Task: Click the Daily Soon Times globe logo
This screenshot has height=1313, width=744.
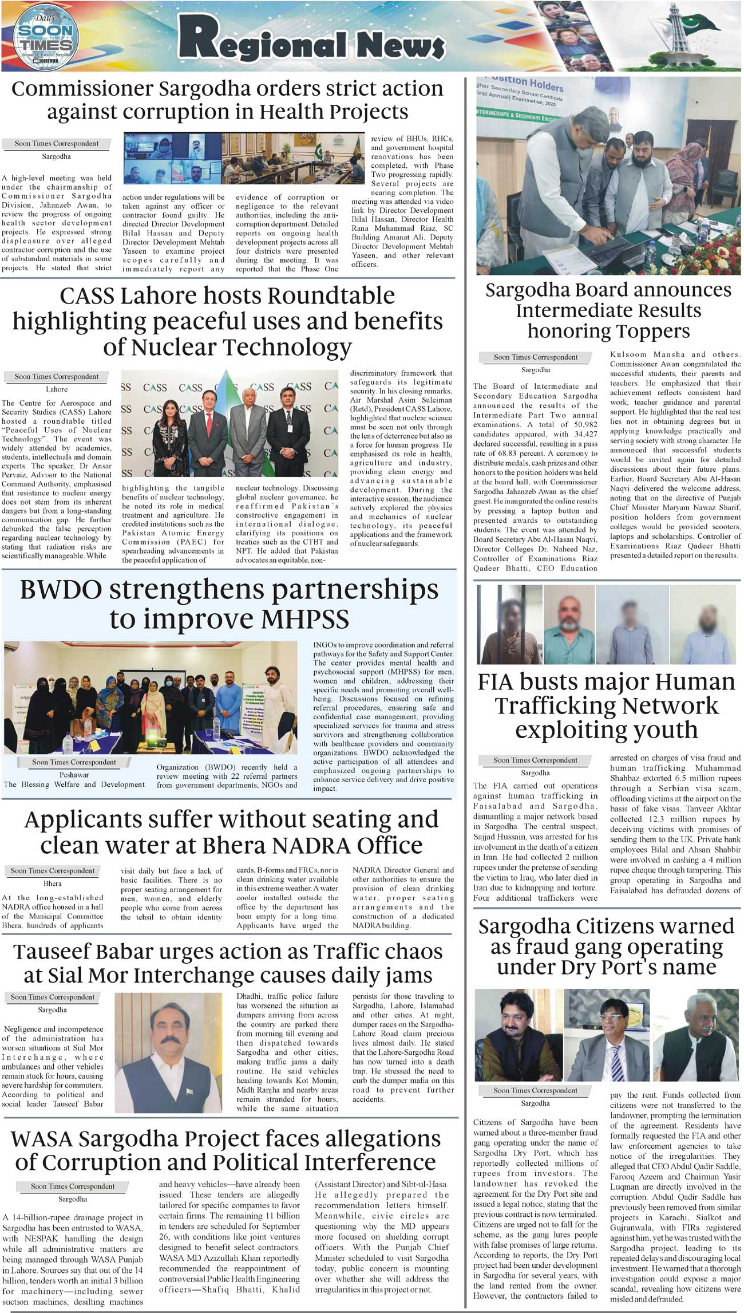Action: (x=46, y=36)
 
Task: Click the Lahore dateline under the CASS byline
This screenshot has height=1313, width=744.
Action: (x=57, y=389)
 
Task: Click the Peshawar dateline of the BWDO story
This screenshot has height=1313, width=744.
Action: (x=74, y=775)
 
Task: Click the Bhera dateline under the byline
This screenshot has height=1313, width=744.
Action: (x=53, y=884)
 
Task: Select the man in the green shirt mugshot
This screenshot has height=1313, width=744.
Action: (x=569, y=624)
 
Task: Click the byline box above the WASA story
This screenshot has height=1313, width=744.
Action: (x=73, y=1186)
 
